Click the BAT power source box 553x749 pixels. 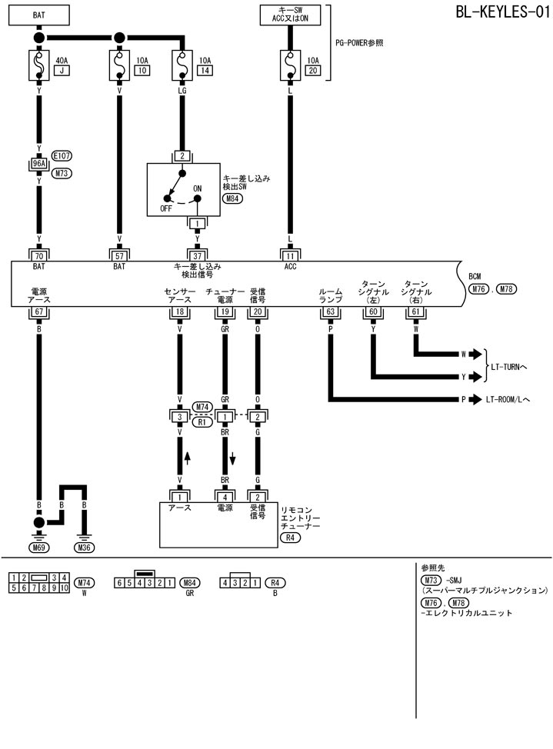[38, 14]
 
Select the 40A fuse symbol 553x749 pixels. [38, 62]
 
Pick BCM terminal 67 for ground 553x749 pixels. [38, 311]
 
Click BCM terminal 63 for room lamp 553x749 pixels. [330, 311]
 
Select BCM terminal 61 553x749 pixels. [416, 311]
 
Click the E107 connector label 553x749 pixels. [62, 155]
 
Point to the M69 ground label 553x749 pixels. [38, 548]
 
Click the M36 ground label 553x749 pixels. [85, 548]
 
